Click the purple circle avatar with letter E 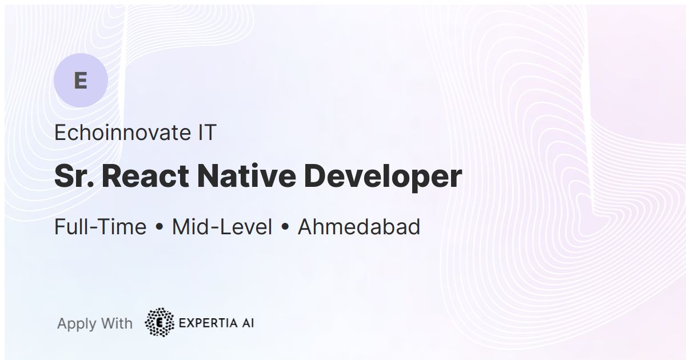[81, 81]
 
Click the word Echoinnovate [121, 133]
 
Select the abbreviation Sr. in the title [74, 176]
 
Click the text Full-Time [100, 227]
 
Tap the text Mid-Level [222, 227]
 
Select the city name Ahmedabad [359, 227]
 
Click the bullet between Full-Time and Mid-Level [159, 227]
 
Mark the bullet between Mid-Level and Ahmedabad [285, 227]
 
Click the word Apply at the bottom [77, 324]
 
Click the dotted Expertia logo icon [160, 323]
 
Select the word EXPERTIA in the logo [207, 323]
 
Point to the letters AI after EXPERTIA [247, 323]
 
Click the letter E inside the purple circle [81, 81]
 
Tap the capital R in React [112, 176]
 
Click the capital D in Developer [316, 176]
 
